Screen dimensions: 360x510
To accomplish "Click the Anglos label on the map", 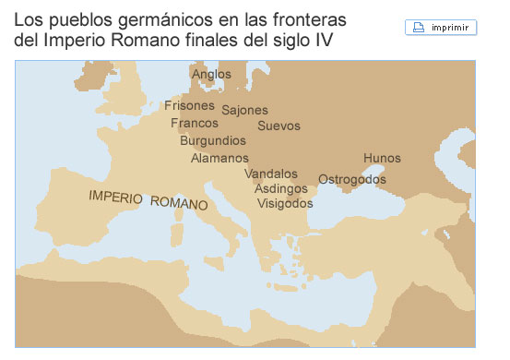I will pyautogui.click(x=211, y=74).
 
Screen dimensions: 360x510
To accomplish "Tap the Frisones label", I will pyautogui.click(x=189, y=105).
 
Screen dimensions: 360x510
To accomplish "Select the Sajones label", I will pyautogui.click(x=244, y=110).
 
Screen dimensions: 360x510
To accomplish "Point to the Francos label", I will pyautogui.click(x=195, y=123).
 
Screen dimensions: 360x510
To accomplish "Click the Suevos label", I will pyautogui.click(x=279, y=126).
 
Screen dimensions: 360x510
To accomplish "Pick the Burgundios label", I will pyautogui.click(x=212, y=140).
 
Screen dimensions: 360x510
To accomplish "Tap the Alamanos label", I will pyautogui.click(x=219, y=158).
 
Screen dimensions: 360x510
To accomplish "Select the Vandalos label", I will pyautogui.click(x=271, y=174).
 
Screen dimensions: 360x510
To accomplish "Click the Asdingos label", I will pyautogui.click(x=281, y=188).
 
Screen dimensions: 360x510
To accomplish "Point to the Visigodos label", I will pyautogui.click(x=285, y=203).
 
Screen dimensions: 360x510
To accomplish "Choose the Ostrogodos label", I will pyautogui.click(x=351, y=179).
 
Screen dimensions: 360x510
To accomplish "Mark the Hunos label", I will pyautogui.click(x=382, y=159).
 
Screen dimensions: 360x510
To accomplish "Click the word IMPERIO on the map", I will pyautogui.click(x=115, y=197).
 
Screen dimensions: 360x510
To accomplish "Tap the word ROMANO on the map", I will pyautogui.click(x=179, y=202).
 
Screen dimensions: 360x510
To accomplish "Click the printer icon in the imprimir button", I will pyautogui.click(x=420, y=28).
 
